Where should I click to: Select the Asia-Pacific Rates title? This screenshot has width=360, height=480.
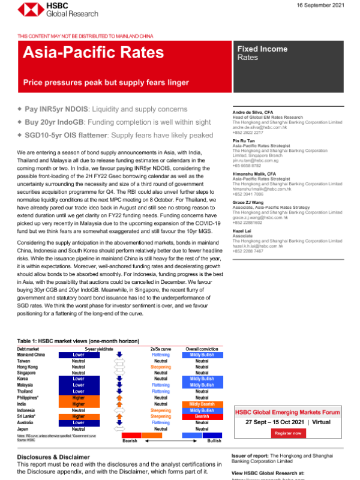click(x=93, y=53)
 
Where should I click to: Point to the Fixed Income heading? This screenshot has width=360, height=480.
click(x=262, y=49)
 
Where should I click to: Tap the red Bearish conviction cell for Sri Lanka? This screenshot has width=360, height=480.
click(x=202, y=416)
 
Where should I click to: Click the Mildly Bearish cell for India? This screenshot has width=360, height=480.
click(x=202, y=404)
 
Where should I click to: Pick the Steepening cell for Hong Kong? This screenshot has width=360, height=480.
click(x=161, y=367)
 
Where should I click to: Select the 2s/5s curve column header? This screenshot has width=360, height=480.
click(x=161, y=349)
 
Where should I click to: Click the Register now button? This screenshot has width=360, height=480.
click(x=287, y=433)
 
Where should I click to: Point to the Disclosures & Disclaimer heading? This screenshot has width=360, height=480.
click(x=50, y=456)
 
